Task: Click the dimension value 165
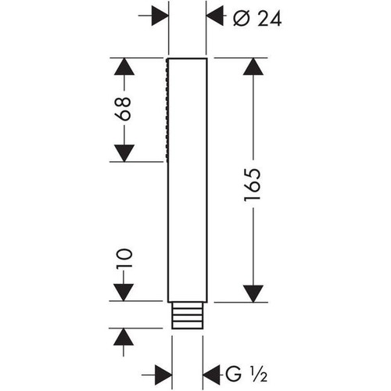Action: [x=252, y=185]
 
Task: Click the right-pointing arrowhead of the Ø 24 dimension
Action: [x=159, y=16]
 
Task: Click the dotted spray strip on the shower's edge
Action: [x=169, y=110]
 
